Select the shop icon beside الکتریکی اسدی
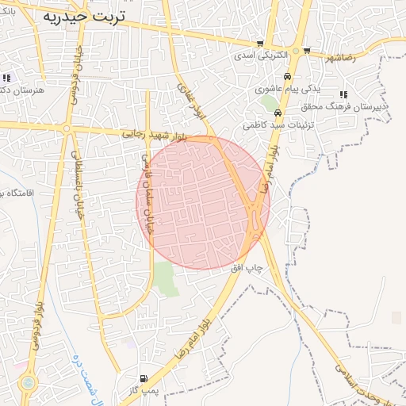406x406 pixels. [260, 44]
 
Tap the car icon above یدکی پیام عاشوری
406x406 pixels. [287, 76]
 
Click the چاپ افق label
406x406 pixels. [247, 268]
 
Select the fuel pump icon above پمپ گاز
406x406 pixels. [143, 378]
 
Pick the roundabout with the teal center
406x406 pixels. [29, 383]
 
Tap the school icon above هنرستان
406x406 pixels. [6, 78]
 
